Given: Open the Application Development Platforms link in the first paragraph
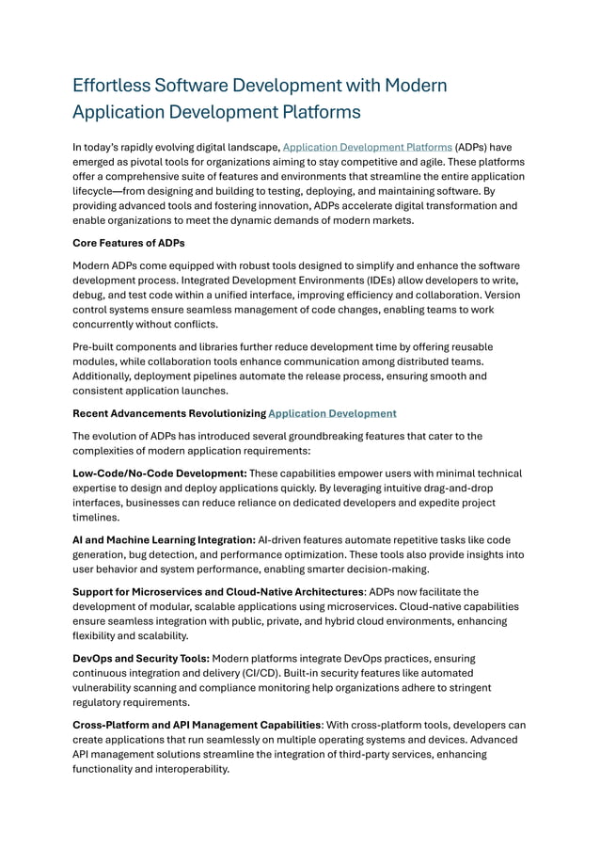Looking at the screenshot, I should [x=367, y=148].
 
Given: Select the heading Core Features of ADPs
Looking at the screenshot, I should [x=129, y=242].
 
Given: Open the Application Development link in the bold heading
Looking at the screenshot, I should [x=332, y=413].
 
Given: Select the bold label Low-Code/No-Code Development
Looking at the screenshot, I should [x=160, y=473].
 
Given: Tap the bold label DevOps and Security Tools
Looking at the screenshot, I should [x=141, y=658].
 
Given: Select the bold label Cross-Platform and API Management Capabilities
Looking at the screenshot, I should [x=197, y=725].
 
